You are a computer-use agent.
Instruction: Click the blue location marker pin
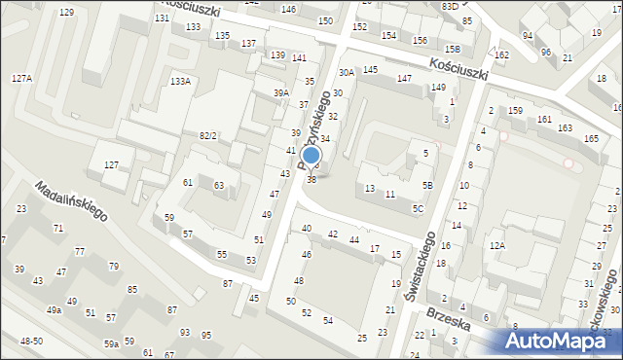[x=311, y=156]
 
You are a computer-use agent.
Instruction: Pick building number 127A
[x=21, y=78]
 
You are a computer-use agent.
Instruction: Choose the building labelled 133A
[x=180, y=82]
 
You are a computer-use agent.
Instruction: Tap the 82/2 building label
[x=207, y=135]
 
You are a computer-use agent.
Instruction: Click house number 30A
[x=346, y=72]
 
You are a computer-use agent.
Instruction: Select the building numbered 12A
[x=497, y=246]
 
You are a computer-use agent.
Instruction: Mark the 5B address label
[x=426, y=185]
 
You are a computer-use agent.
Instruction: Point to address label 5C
[x=418, y=208]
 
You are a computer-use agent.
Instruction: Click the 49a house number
[x=55, y=310]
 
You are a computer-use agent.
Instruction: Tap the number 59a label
[x=112, y=343]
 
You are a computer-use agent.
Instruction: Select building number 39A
[x=280, y=93]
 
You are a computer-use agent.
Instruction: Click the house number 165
[x=591, y=139]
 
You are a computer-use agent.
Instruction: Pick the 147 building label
[x=404, y=78]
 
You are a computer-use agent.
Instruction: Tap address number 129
[x=66, y=12]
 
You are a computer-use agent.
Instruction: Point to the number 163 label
[x=565, y=128]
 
